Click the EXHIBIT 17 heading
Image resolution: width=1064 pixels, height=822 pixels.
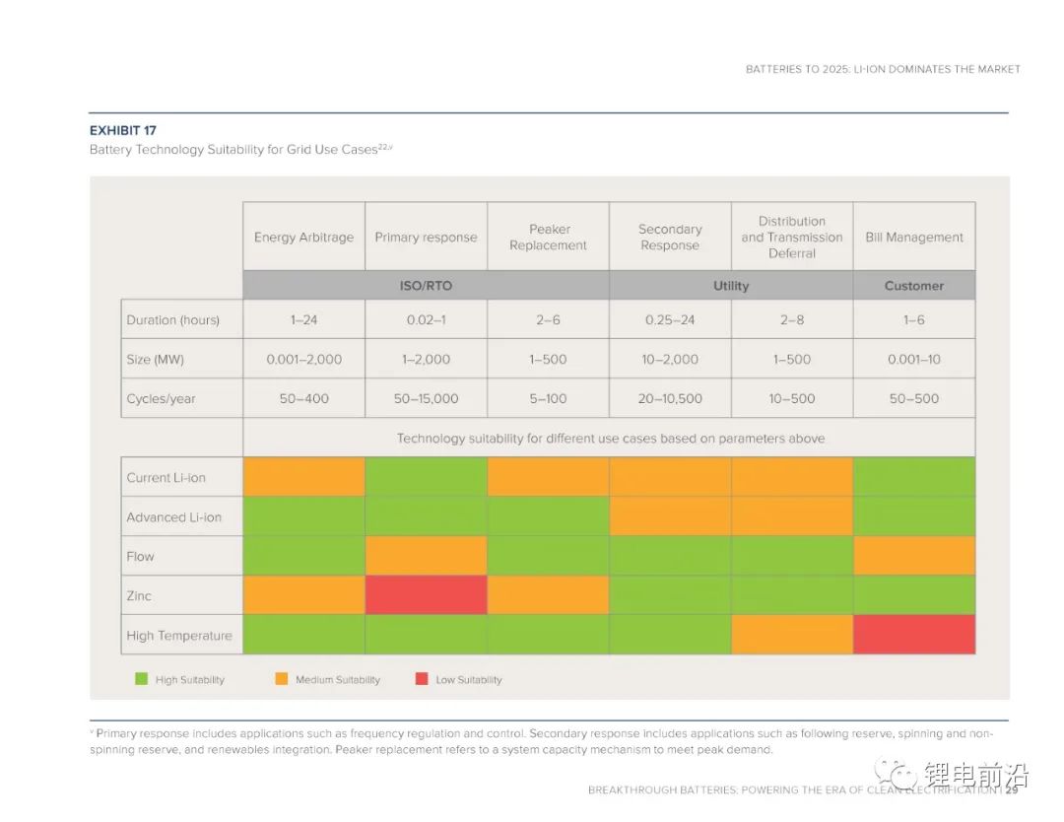coord(123,130)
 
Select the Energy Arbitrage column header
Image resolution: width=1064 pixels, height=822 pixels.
coord(303,238)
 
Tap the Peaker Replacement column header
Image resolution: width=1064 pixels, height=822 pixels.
coord(548,238)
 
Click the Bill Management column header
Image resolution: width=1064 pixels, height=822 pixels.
coord(914,238)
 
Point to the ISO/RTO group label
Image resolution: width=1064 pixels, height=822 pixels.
coord(426,286)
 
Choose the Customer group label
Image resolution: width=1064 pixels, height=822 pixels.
coord(914,286)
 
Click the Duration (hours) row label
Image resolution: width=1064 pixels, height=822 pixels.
coord(173,320)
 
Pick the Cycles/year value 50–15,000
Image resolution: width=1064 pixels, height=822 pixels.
coord(426,399)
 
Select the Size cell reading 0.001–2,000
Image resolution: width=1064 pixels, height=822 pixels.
coord(303,360)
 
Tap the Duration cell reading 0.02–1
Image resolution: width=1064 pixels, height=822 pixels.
coord(426,320)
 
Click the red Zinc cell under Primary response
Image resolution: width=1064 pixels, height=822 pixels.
coord(426,595)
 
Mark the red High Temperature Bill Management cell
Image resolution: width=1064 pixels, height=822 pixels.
coord(914,635)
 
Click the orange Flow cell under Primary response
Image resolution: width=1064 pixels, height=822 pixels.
coord(426,556)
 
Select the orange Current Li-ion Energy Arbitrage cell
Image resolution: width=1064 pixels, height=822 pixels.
coord(303,477)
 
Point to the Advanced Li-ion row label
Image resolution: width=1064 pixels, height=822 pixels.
coord(174,517)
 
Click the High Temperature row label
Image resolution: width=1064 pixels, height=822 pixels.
coord(179,636)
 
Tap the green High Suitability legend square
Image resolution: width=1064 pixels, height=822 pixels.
coord(141,679)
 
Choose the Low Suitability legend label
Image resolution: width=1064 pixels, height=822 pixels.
coord(469,680)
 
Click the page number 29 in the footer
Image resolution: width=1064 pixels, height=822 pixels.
coord(1012,789)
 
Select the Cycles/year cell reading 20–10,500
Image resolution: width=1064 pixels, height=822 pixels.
coord(670,399)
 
